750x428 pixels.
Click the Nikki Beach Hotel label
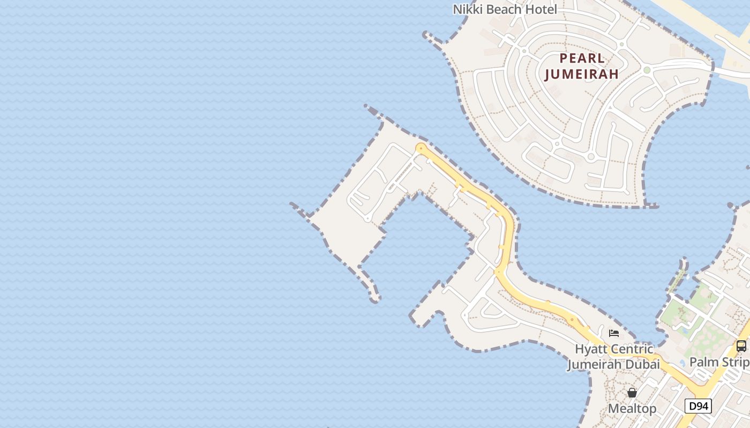[x=505, y=9]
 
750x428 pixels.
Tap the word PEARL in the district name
[x=582, y=58]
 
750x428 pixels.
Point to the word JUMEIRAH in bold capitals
[x=582, y=74]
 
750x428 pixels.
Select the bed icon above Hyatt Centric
[x=614, y=333]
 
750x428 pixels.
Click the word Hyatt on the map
[x=591, y=349]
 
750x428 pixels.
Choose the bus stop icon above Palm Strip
[x=741, y=346]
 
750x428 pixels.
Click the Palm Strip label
[x=719, y=362]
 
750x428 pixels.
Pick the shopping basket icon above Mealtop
[x=632, y=393]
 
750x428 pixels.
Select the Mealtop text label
[x=632, y=409]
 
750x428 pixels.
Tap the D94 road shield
[x=699, y=407]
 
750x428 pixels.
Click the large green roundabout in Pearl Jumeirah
[x=647, y=70]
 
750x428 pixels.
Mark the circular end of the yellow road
[x=422, y=148]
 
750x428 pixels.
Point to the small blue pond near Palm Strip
[x=682, y=363]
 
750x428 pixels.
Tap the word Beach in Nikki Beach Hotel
[x=505, y=9]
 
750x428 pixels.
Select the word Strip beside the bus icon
[x=734, y=362]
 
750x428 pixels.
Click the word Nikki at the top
[x=467, y=9]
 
